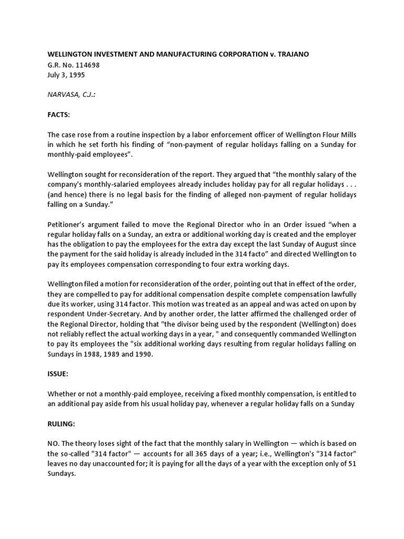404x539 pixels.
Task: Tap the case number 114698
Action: pos(85,65)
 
